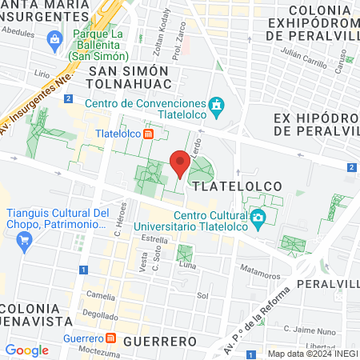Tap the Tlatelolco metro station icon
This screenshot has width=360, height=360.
[x=149, y=134]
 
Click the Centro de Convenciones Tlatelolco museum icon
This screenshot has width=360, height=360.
[x=215, y=105]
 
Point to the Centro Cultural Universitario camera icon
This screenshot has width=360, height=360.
[x=258, y=217]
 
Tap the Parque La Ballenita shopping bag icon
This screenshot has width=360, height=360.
[x=54, y=38]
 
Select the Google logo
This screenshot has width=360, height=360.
[x=26, y=350]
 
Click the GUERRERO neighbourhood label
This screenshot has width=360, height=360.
[x=161, y=341]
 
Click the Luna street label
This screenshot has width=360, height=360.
[x=187, y=265]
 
